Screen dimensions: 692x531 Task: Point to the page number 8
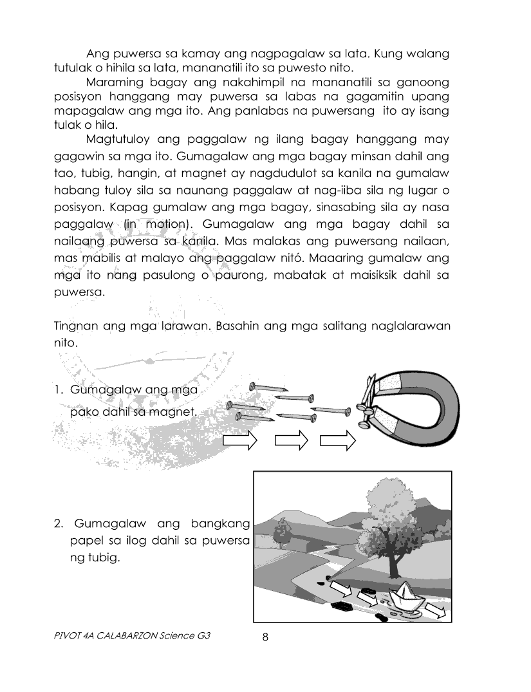(265, 637)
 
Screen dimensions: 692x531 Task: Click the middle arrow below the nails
(292, 440)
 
